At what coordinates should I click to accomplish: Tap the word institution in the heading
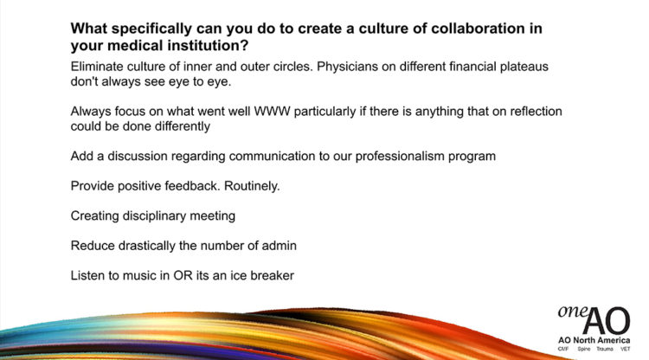(x=208, y=46)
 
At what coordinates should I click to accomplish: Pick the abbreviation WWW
(x=272, y=112)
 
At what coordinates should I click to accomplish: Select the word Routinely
(x=252, y=186)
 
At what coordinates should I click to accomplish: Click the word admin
(x=279, y=246)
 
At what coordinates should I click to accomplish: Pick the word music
(x=138, y=275)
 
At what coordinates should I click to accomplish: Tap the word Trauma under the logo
(x=604, y=350)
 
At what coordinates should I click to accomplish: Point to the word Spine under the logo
(x=583, y=350)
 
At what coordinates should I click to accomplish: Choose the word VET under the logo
(x=625, y=350)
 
